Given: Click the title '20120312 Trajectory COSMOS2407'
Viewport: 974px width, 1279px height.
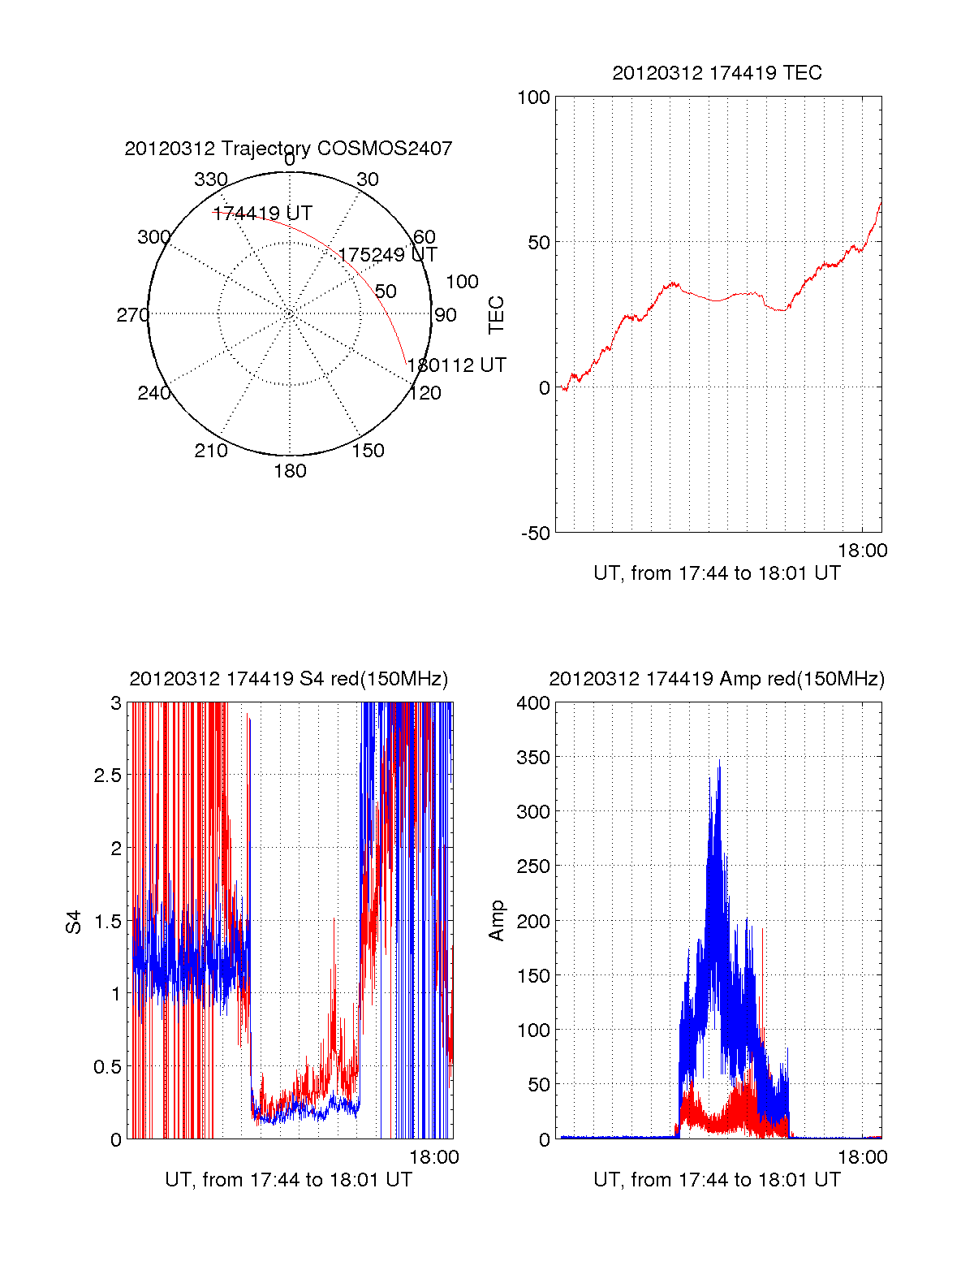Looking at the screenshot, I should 288,149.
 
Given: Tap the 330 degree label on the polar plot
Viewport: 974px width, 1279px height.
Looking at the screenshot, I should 211,179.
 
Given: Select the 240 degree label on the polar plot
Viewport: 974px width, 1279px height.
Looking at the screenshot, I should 153,393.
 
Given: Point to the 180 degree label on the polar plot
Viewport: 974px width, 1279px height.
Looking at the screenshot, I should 290,471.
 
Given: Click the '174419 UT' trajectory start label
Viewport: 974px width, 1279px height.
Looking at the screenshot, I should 262,214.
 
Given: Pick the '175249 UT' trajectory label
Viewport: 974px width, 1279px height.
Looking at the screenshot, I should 387,255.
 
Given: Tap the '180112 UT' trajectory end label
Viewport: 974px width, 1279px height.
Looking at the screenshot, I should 456,365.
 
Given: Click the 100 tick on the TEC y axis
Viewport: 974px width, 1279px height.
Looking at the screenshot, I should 533,97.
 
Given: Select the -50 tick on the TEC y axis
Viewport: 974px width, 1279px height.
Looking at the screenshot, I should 535,534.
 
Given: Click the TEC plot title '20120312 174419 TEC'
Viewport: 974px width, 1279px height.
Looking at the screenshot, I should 717,73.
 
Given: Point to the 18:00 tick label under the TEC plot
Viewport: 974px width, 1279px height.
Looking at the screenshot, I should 862,551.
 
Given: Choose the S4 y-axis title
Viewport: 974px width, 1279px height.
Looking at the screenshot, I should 74,922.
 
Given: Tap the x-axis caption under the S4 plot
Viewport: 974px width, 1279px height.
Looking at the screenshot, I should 288,1180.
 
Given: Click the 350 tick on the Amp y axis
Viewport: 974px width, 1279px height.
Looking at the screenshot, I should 533,758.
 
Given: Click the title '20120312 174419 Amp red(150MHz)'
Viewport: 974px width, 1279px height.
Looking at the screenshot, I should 717,679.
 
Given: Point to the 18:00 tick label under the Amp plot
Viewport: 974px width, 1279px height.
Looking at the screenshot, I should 862,1157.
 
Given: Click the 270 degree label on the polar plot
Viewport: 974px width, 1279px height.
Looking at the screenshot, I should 133,315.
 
